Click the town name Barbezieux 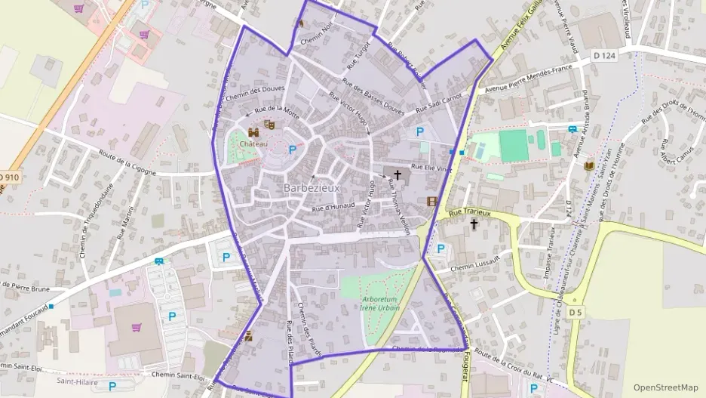tap(312, 187)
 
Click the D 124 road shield tap(604, 55)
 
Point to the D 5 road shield tap(576, 312)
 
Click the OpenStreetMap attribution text tap(665, 387)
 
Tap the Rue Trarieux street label tap(469, 214)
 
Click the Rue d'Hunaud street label tap(332, 204)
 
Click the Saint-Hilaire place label tap(75, 381)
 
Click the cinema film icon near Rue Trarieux tap(431, 202)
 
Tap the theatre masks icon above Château tap(268, 125)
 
